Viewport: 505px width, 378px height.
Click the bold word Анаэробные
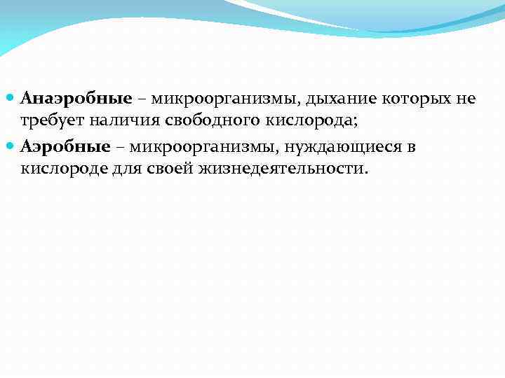pyautogui.click(x=67, y=98)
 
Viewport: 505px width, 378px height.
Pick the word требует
pyautogui.click(x=51, y=122)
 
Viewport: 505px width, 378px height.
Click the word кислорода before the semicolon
pyautogui.click(x=309, y=122)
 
